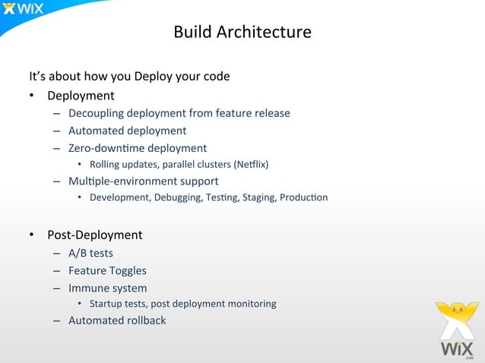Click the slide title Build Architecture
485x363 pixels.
click(242, 33)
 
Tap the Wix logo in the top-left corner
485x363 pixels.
click(24, 10)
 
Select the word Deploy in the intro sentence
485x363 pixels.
click(151, 77)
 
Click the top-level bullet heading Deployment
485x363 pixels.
click(81, 96)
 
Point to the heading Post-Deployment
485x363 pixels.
click(94, 235)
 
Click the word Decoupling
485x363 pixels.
click(96, 113)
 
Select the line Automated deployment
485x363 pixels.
click(127, 131)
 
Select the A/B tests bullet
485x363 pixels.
click(90, 253)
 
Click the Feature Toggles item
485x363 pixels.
click(107, 270)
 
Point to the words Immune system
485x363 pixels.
click(107, 289)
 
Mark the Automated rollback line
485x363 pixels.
click(117, 320)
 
